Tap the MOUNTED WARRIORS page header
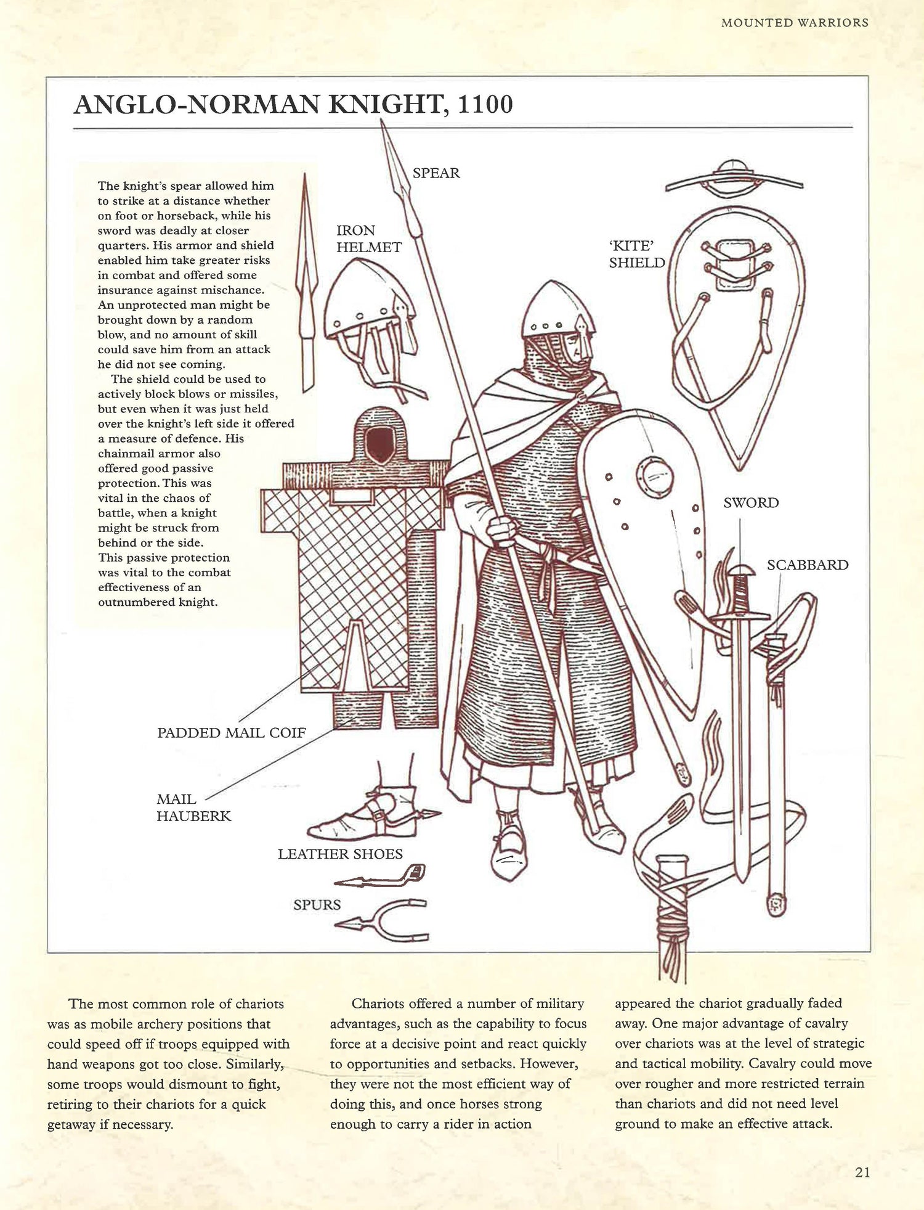tap(794, 23)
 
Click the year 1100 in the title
tap(485, 105)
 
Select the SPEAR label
tap(436, 173)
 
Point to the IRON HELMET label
tap(368, 239)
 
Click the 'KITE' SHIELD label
tap(636, 254)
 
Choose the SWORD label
tap(750, 503)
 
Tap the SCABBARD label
tap(807, 565)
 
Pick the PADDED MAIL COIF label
tap(232, 733)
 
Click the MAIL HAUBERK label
tap(193, 807)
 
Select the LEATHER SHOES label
tap(340, 854)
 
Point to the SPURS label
tap(317, 905)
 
